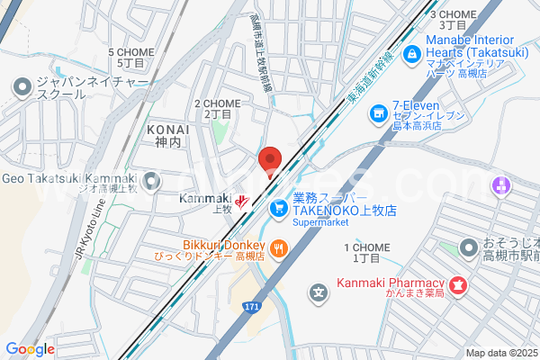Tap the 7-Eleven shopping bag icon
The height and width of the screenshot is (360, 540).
click(x=378, y=112)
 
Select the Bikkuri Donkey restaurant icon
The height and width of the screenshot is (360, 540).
click(x=280, y=247)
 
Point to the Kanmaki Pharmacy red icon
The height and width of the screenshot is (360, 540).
click(x=457, y=286)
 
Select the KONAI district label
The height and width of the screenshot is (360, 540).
click(x=167, y=136)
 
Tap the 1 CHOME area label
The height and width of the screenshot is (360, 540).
click(x=366, y=252)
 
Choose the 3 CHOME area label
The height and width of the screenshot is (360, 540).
click(x=453, y=19)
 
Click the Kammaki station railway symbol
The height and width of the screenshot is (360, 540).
click(x=241, y=200)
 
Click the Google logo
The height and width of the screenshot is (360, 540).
click(x=30, y=349)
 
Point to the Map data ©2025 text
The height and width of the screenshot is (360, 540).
click(x=499, y=353)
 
